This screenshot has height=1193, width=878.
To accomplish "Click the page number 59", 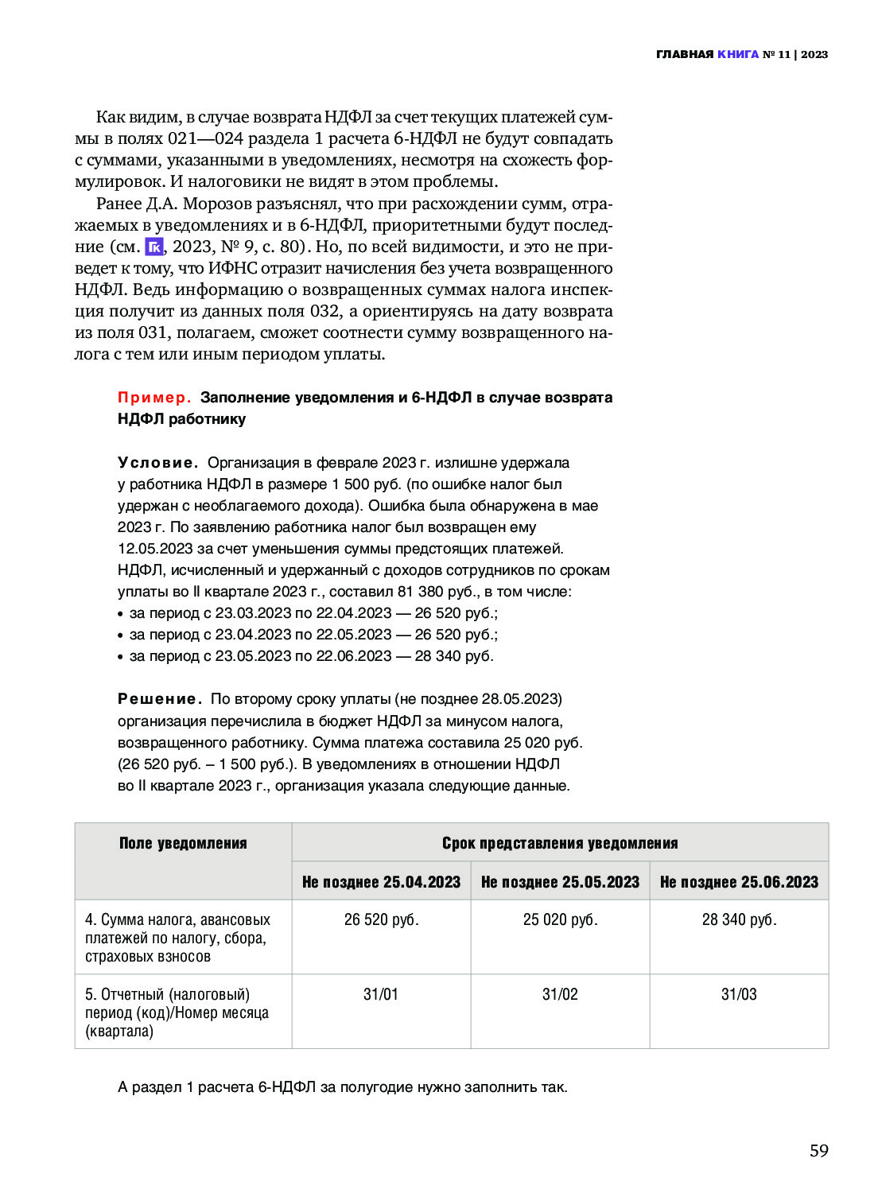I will click(818, 1150).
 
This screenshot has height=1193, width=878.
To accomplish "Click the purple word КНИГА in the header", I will click(737, 54).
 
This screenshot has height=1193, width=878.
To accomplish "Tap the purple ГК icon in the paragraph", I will click(154, 247).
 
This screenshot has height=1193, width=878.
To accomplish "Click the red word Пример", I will click(154, 397).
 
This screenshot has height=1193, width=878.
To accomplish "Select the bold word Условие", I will click(157, 462).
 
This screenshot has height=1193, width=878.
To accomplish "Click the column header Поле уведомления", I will click(183, 843).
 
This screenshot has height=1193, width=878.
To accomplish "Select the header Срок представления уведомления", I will click(560, 843).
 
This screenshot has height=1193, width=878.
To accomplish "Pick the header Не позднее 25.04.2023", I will click(381, 882).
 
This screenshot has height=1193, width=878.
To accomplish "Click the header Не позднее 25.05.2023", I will click(560, 882).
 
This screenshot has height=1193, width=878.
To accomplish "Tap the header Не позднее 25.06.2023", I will click(739, 882).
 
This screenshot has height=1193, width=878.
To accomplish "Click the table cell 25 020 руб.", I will click(560, 919).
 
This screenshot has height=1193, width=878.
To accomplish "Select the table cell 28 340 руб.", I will click(739, 919).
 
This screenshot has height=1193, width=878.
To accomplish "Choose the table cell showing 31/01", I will click(381, 994).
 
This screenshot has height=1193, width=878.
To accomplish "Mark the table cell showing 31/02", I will click(560, 994).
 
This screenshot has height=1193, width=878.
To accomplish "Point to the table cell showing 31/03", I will click(739, 994).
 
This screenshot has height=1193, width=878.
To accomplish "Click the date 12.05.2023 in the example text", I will click(155, 549).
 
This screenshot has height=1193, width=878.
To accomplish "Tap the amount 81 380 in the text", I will click(421, 592).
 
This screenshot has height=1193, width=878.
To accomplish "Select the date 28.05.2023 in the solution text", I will click(519, 699).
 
